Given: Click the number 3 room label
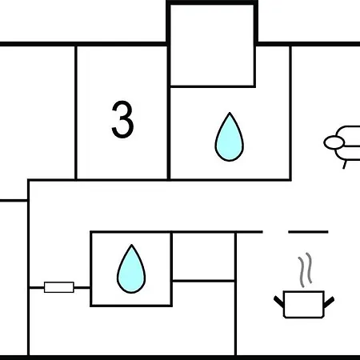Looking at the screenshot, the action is [x=122, y=119].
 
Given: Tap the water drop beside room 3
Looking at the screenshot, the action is [x=230, y=137].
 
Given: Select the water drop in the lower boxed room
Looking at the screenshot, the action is [x=131, y=269].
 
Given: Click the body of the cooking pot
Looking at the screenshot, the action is [x=304, y=305].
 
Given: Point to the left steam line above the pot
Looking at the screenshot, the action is [x=302, y=272].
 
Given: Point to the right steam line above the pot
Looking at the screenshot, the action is [x=309, y=268].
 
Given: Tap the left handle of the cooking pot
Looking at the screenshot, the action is [x=278, y=302].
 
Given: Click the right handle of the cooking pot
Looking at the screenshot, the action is [x=329, y=302].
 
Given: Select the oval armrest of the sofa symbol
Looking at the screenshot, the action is [x=334, y=142].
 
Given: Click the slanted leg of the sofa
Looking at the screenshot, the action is [x=345, y=164].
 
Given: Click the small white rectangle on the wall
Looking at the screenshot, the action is [x=59, y=287].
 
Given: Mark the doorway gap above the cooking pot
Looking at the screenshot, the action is [x=275, y=232].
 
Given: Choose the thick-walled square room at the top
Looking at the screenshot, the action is [x=212, y=44].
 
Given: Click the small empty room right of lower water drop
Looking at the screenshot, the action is [x=203, y=257].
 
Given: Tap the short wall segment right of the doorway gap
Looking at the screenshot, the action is [x=308, y=232].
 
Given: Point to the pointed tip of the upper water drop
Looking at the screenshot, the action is [x=230, y=113].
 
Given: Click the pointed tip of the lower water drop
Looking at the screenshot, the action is [x=131, y=245].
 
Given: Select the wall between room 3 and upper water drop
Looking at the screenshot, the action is [x=169, y=113].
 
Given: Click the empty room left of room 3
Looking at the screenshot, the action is [x=38, y=112].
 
